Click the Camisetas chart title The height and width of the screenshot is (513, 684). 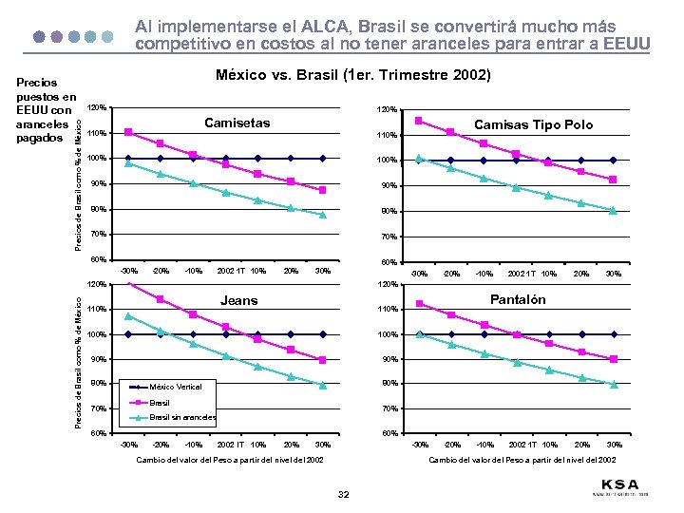click(237, 123)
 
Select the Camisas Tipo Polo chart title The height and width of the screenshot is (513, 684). click(533, 124)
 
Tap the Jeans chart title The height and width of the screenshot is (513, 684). click(238, 300)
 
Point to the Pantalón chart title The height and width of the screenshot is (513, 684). click(518, 299)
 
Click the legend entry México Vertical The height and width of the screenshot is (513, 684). click(176, 386)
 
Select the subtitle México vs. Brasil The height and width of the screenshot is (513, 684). click(352, 76)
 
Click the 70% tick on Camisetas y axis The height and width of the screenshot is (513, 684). click(96, 234)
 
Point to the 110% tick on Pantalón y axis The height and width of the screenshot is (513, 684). click(388, 310)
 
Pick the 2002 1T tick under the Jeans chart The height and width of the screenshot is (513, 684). click(228, 444)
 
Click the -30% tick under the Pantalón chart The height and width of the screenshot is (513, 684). click(419, 444)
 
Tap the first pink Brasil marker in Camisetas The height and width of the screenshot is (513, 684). click(128, 132)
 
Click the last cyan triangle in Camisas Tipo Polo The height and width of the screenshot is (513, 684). click(614, 211)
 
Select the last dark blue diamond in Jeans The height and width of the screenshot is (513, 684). click(323, 334)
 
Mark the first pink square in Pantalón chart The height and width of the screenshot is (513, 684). click(419, 304)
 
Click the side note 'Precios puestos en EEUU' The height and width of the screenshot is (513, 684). click(46, 104)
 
